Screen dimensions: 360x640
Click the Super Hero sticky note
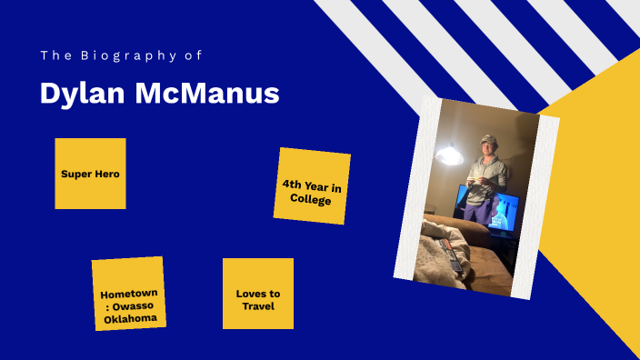[x=90, y=174]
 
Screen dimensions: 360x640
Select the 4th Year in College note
[x=312, y=186]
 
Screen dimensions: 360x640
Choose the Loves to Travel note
[x=258, y=294]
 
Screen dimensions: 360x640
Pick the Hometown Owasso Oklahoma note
[x=129, y=295]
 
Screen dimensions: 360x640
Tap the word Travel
[x=258, y=305]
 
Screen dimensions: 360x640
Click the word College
[x=311, y=198]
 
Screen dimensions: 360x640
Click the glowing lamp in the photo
[x=448, y=156]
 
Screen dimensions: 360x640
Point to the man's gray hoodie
[x=485, y=173]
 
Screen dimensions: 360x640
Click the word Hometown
[x=129, y=294]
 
